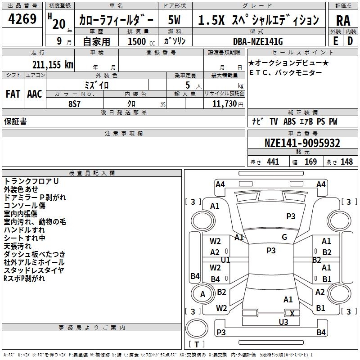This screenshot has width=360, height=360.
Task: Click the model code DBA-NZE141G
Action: [261, 41]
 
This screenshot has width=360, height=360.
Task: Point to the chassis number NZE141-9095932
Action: [302, 144]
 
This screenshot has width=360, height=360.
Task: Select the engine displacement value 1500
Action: [137, 41]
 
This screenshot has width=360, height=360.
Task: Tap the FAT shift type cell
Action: [13, 94]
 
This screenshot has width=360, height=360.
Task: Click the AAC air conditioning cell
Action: [35, 94]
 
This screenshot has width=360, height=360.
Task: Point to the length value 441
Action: [273, 162]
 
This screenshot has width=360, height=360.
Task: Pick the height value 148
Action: [346, 162]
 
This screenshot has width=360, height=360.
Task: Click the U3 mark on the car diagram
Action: [283, 322]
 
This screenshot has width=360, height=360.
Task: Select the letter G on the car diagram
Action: [284, 237]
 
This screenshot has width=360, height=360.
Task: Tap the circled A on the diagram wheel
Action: [202, 294]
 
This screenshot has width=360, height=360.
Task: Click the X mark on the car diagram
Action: [292, 313]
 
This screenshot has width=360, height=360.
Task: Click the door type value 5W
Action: [175, 20]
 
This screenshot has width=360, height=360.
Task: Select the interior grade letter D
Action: [350, 41]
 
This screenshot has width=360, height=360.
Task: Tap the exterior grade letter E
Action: [335, 41]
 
